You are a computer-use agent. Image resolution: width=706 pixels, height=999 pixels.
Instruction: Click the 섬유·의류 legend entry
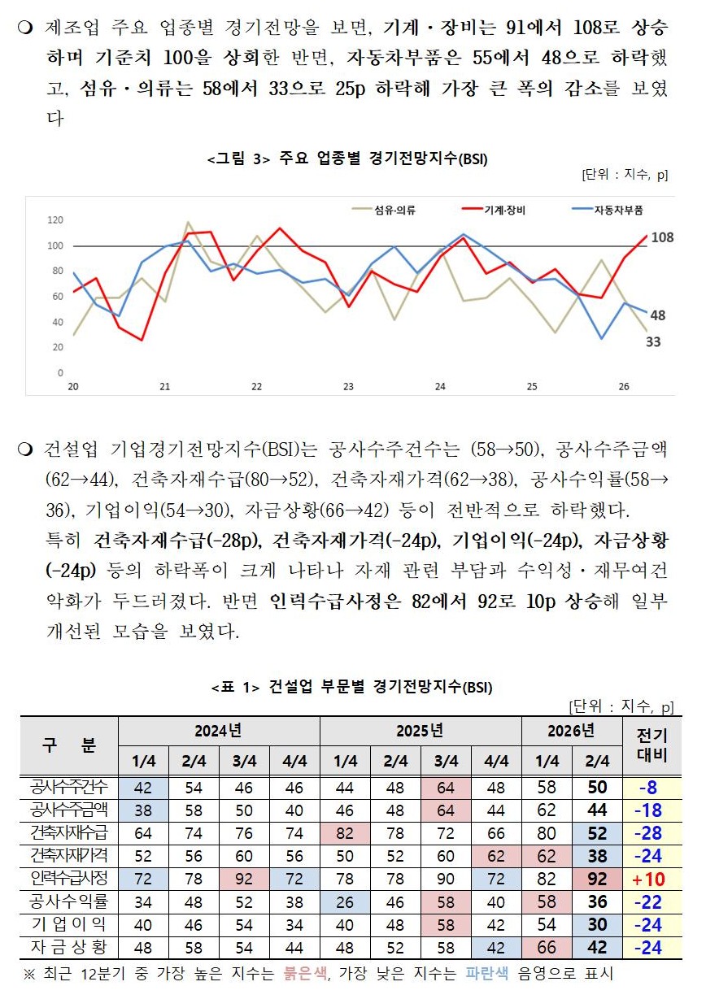(384, 210)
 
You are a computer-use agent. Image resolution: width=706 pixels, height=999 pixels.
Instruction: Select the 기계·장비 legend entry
(494, 210)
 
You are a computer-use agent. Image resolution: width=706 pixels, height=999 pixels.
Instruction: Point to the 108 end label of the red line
(662, 237)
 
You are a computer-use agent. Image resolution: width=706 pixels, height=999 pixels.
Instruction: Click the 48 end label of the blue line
(658, 315)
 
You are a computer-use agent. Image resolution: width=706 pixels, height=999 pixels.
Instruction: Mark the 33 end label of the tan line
(653, 341)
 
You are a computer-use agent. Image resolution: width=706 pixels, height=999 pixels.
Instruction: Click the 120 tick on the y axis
(55, 219)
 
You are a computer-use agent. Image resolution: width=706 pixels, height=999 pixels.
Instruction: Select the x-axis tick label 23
(348, 387)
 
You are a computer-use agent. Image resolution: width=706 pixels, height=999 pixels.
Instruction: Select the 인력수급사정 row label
(69, 878)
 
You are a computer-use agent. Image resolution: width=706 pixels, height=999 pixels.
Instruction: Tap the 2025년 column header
(421, 731)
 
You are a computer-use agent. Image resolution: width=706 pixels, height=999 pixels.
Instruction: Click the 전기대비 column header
(652, 745)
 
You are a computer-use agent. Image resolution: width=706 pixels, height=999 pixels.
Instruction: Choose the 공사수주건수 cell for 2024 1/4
(143, 788)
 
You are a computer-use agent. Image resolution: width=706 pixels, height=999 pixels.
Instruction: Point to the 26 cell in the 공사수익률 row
(345, 902)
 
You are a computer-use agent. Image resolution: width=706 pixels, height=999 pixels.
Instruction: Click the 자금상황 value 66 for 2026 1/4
(547, 947)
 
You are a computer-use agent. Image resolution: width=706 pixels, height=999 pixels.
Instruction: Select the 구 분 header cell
(69, 745)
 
